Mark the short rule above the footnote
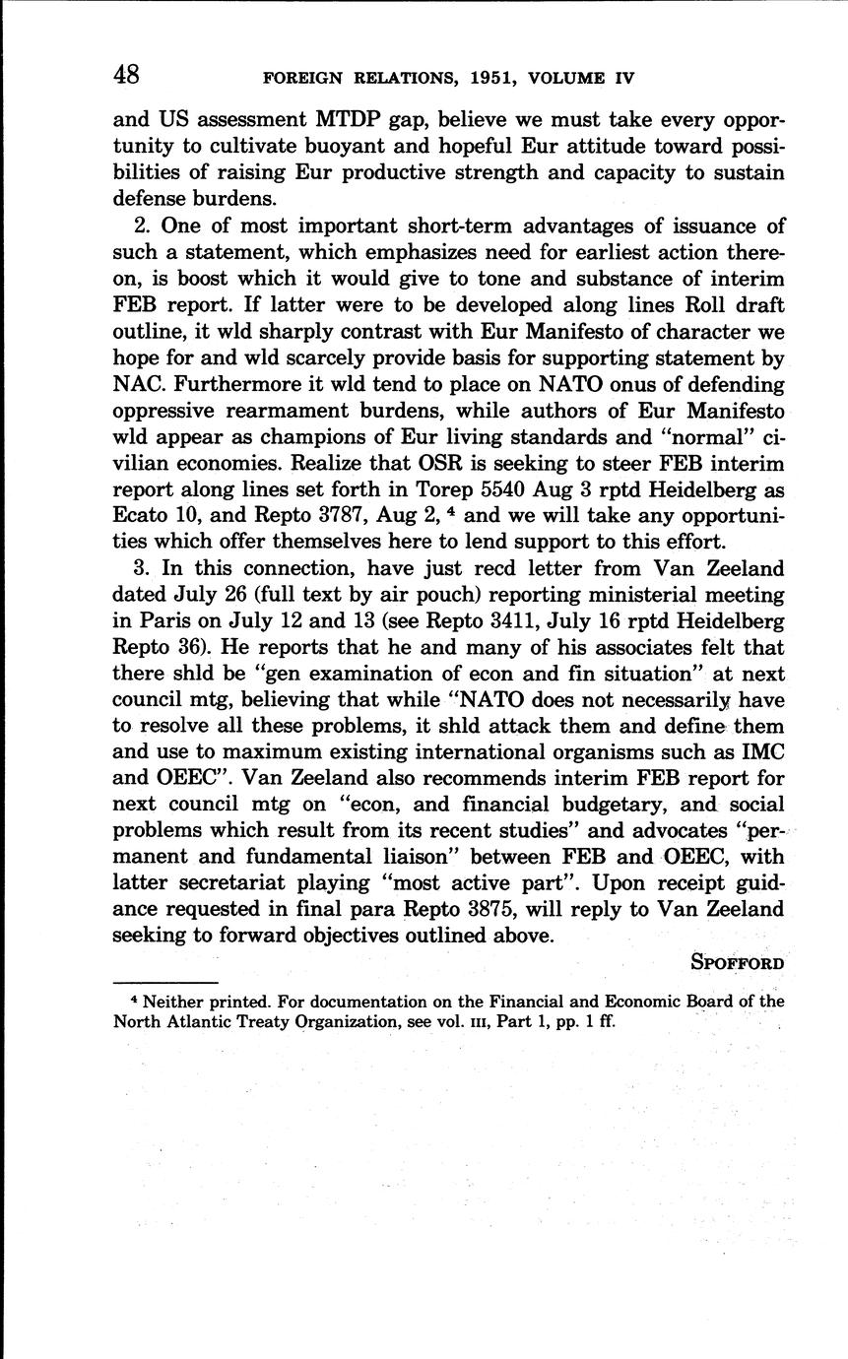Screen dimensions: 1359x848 click(164, 983)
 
